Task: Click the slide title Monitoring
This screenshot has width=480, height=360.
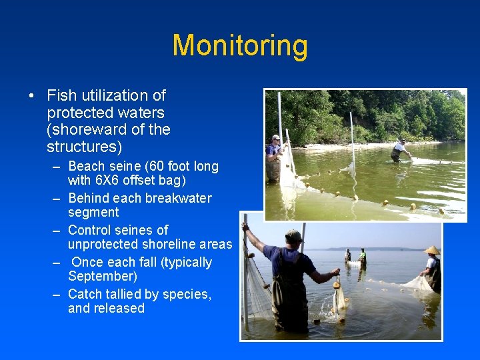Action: pos(240,46)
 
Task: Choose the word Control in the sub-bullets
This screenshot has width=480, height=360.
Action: pos(91,230)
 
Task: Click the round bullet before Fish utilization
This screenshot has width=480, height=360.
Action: pos(31,96)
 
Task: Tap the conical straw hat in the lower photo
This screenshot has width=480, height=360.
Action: pos(431,250)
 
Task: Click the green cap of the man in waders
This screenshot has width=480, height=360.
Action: pos(293,235)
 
